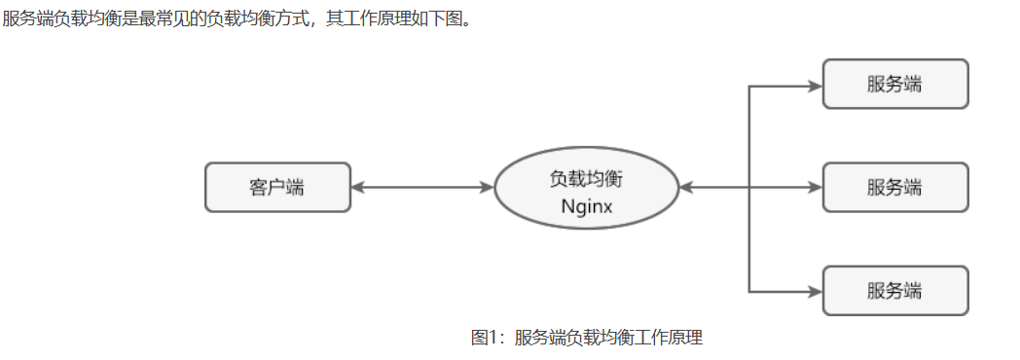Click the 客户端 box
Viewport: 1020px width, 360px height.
pyautogui.click(x=277, y=187)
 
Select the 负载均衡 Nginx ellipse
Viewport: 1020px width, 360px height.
pyautogui.click(x=586, y=187)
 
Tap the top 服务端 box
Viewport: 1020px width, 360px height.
pyautogui.click(x=895, y=84)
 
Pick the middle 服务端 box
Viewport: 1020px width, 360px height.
pyautogui.click(x=895, y=187)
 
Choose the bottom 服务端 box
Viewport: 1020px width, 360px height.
pyautogui.click(x=895, y=290)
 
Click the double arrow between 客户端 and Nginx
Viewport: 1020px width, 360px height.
pyautogui.click(x=422, y=187)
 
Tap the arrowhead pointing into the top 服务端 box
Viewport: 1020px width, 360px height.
pyautogui.click(x=815, y=86)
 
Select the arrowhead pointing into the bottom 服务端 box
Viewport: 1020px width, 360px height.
pyautogui.click(x=815, y=291)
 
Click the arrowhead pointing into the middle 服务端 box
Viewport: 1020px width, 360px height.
pyautogui.click(x=815, y=187)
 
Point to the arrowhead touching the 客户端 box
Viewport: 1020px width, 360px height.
pyautogui.click(x=357, y=187)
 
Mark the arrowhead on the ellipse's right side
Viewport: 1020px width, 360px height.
pyautogui.click(x=686, y=187)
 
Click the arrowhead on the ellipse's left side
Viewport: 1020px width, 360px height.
pyautogui.click(x=489, y=187)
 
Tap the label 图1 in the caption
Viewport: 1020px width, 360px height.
pyautogui.click(x=484, y=338)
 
